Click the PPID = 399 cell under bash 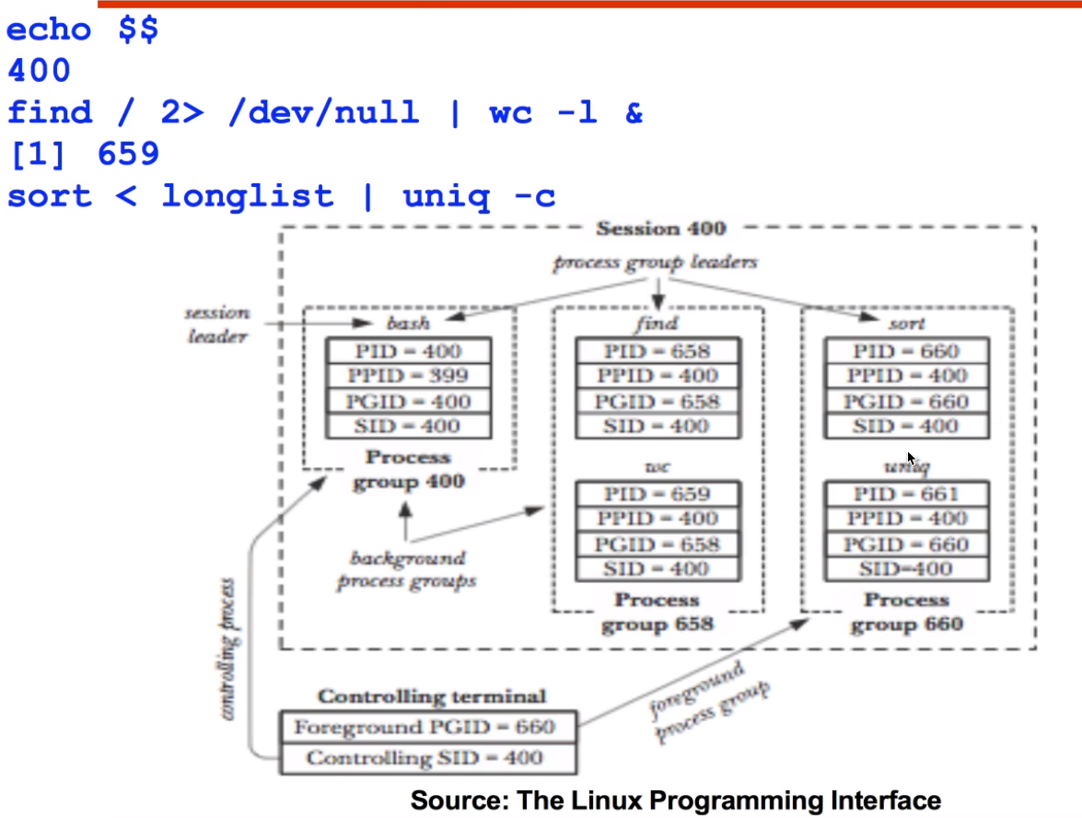(x=408, y=376)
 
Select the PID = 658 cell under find (x=657, y=351)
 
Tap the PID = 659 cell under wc (x=657, y=494)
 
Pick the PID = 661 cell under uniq (x=905, y=494)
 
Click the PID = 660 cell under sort (x=905, y=351)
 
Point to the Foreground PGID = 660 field (x=425, y=727)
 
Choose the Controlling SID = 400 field (x=425, y=758)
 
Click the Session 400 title (x=660, y=228)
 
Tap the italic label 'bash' (x=408, y=323)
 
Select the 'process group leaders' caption (x=655, y=263)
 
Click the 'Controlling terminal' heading (x=432, y=696)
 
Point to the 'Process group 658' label (x=657, y=613)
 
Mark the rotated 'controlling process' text (x=229, y=649)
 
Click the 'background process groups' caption (x=407, y=569)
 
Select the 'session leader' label (x=217, y=324)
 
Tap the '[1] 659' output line (x=84, y=154)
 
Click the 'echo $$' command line (x=82, y=29)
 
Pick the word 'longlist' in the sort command (x=247, y=195)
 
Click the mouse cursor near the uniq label (x=911, y=458)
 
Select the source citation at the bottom (x=675, y=800)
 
